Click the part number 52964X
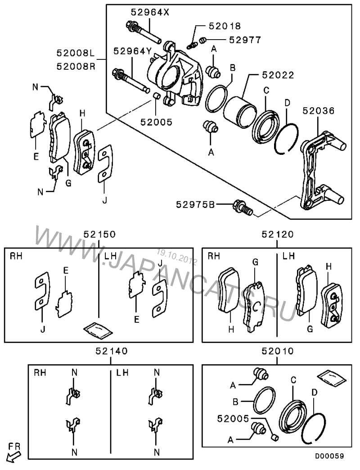(150, 12)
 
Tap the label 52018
(225, 26)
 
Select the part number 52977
(245, 40)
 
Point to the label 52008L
(76, 54)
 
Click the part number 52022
(278, 75)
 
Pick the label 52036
(318, 111)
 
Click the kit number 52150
(99, 234)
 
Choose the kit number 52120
(277, 234)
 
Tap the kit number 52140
(112, 351)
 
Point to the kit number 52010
(277, 351)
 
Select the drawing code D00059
(329, 456)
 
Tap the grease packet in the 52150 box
(98, 331)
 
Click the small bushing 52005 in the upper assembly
(156, 96)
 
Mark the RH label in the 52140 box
(40, 373)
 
